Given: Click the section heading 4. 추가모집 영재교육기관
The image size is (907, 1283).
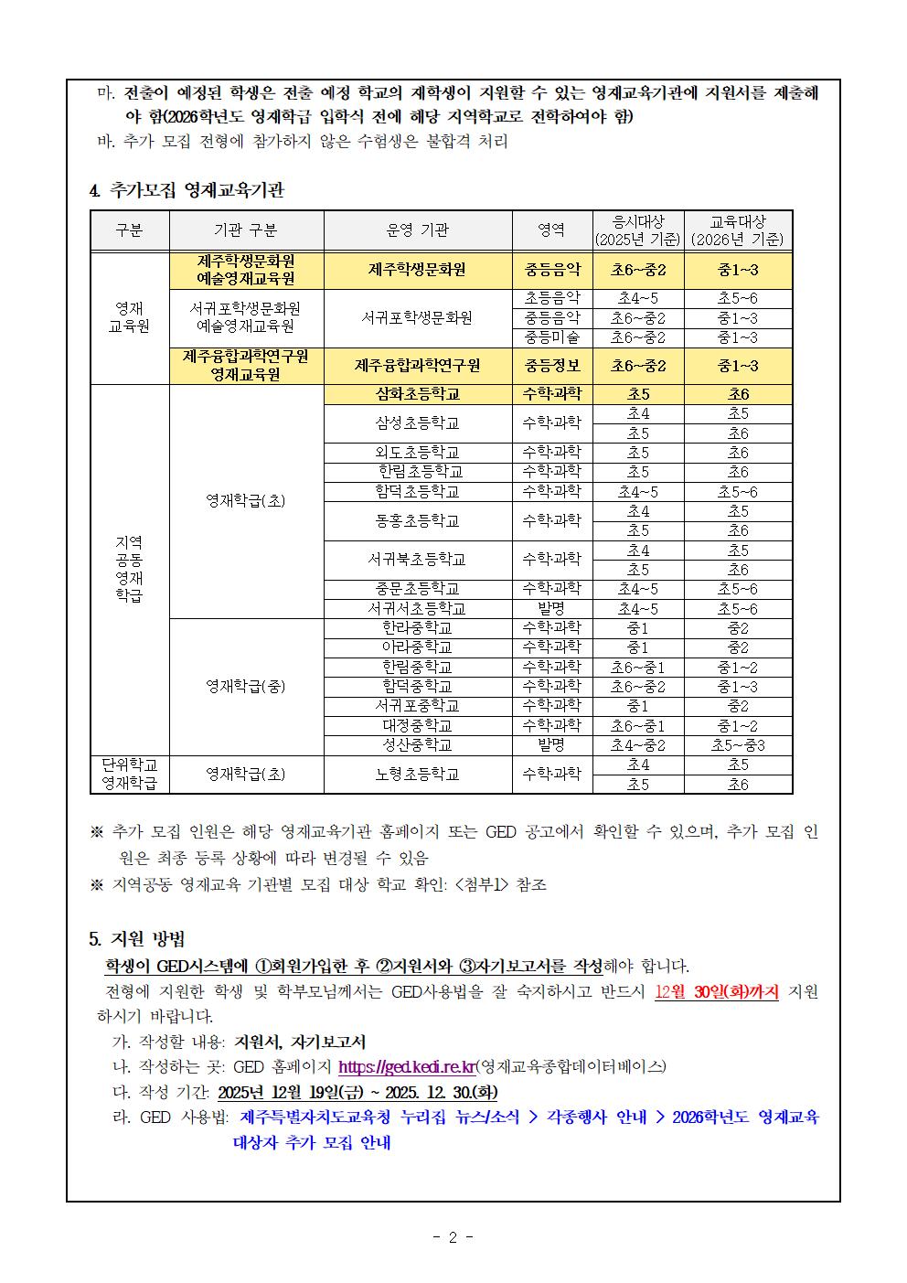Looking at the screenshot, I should (187, 190).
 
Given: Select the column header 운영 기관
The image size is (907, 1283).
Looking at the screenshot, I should (417, 230).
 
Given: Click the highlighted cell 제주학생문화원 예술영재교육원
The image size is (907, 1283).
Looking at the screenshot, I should (246, 270).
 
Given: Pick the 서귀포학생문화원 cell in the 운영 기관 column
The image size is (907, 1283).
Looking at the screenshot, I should (417, 318).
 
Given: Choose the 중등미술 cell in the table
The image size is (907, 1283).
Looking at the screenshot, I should (551, 337).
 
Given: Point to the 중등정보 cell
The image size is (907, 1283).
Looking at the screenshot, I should (551, 366).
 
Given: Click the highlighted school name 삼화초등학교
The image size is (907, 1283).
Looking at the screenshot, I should (417, 394).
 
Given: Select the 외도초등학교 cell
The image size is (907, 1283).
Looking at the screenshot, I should (417, 453).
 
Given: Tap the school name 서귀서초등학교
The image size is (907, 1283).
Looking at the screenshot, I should (417, 608).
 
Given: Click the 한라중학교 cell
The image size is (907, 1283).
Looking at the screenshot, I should (417, 628).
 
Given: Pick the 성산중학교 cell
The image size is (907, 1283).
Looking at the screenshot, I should (417, 744).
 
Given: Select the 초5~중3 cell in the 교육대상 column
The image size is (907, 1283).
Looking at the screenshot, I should (737, 744).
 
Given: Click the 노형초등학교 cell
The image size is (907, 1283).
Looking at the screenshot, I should (417, 774).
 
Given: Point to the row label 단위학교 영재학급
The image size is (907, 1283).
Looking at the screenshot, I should (129, 774).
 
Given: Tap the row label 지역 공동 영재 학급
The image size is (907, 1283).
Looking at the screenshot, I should (129, 569).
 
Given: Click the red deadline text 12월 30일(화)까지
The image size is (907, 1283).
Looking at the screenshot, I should (717, 992).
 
